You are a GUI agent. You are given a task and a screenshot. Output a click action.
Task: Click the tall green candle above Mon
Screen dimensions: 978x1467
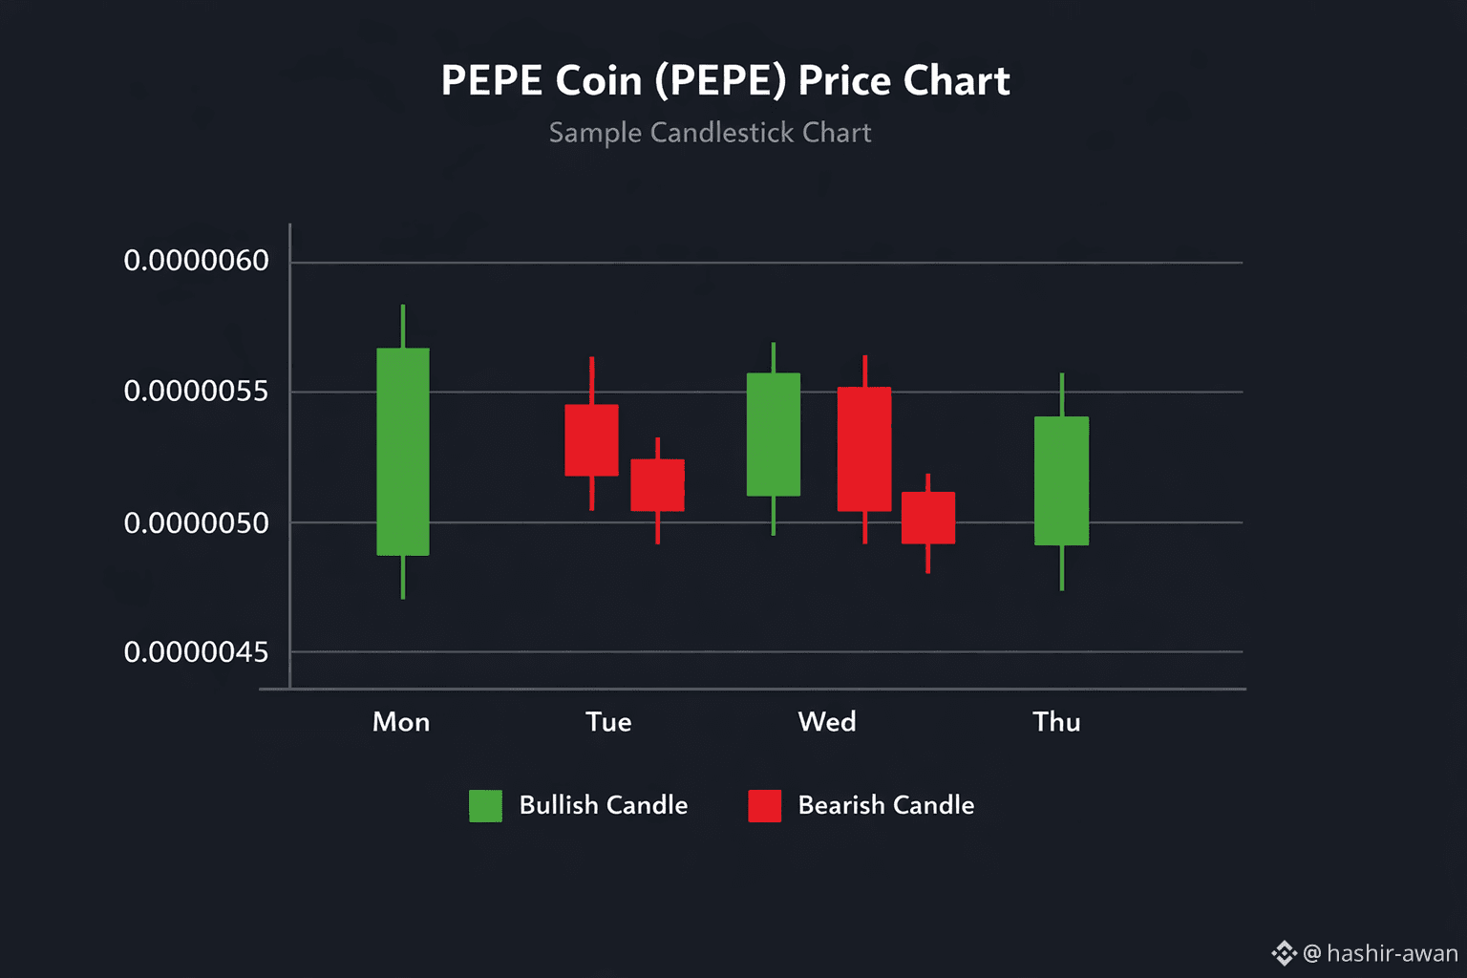pyautogui.click(x=402, y=452)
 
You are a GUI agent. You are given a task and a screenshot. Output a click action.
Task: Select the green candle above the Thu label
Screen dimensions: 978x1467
pyautogui.click(x=1061, y=480)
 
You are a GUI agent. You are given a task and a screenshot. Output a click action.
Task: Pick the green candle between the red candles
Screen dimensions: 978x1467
pyautogui.click(x=773, y=435)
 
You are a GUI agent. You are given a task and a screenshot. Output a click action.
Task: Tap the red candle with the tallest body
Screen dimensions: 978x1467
pyautogui.click(x=864, y=449)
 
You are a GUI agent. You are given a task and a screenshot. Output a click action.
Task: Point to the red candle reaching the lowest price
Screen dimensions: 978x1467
pyautogui.click(x=927, y=519)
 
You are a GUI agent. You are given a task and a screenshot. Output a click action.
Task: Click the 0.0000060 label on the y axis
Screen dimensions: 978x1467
pyautogui.click(x=196, y=261)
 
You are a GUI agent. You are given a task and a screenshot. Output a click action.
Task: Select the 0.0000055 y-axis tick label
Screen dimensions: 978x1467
pyautogui.click(x=196, y=392)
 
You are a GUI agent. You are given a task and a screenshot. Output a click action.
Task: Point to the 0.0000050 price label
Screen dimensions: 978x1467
pyautogui.click(x=196, y=523)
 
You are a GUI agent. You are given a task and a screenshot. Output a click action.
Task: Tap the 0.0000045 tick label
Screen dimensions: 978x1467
pyautogui.click(x=196, y=652)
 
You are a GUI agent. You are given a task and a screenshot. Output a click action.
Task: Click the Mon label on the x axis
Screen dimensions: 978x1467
pyautogui.click(x=401, y=722)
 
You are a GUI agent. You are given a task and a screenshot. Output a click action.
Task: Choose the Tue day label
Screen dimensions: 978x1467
pyautogui.click(x=608, y=722)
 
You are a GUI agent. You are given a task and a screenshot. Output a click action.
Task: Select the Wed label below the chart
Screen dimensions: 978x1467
pyautogui.click(x=827, y=722)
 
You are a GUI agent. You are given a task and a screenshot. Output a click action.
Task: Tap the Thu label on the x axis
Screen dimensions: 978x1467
pyautogui.click(x=1056, y=722)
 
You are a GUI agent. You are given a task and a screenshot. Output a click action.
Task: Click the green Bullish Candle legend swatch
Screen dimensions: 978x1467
pyautogui.click(x=485, y=806)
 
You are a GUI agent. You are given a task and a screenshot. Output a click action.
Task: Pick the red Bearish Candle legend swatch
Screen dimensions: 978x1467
pyautogui.click(x=764, y=806)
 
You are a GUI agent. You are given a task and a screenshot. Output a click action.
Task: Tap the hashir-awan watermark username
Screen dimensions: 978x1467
pyautogui.click(x=1392, y=953)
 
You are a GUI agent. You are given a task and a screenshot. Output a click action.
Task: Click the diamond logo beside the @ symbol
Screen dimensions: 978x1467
pyautogui.click(x=1284, y=953)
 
